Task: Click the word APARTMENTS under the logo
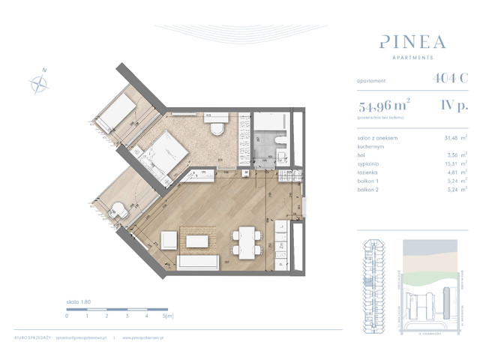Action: point(406,57)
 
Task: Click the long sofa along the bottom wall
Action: point(203,262)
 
